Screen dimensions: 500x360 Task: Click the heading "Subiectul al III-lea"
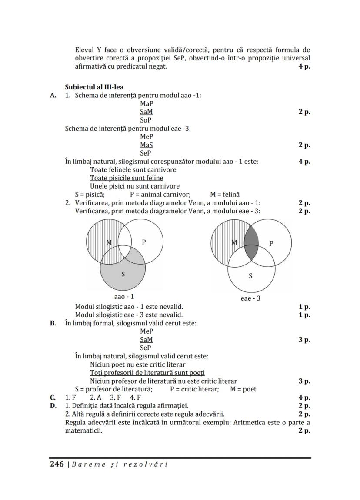(93, 87)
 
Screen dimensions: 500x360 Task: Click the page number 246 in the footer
(56, 464)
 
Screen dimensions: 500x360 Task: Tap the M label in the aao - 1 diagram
(109, 242)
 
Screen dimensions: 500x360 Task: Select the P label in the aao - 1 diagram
(143, 242)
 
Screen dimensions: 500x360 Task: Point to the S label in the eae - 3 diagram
(250, 276)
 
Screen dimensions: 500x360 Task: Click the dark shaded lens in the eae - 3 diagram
(251, 243)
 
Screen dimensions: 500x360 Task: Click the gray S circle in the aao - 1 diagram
(123, 278)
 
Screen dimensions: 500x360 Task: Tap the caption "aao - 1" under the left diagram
(124, 297)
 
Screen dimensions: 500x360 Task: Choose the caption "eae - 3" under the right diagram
(250, 298)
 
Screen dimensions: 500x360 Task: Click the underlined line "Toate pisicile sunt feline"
(127, 178)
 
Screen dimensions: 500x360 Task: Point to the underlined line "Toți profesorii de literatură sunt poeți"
(147, 373)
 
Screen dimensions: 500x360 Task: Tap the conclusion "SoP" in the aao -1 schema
(146, 120)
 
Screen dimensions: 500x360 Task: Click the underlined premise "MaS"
(147, 145)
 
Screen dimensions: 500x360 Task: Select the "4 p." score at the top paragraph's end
(304, 67)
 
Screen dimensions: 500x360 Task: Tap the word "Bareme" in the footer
(84, 464)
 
